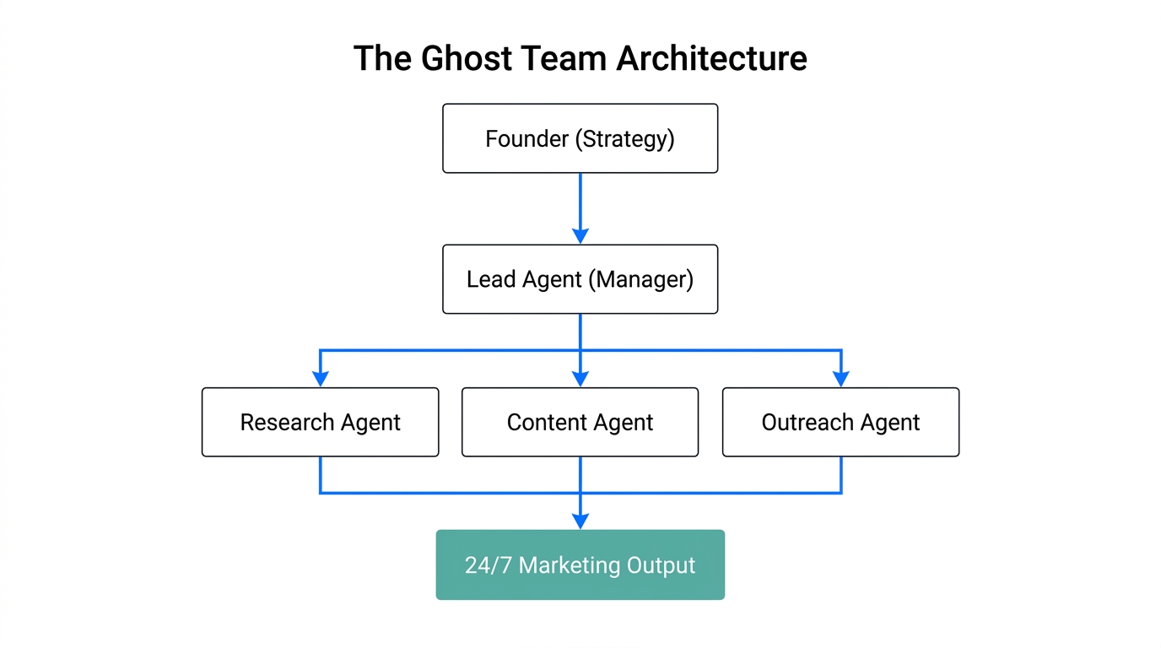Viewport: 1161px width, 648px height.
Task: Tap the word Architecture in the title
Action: [711, 59]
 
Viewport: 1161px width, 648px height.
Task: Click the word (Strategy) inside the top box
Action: [625, 138]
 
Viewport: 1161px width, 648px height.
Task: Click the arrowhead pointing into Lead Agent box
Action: [580, 235]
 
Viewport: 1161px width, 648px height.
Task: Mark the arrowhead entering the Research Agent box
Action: [320, 379]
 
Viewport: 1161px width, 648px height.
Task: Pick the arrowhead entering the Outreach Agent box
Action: [840, 379]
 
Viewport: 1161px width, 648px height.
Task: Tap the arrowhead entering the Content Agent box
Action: [580, 379]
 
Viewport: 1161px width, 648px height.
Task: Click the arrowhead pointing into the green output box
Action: [580, 521]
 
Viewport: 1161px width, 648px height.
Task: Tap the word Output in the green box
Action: [661, 565]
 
